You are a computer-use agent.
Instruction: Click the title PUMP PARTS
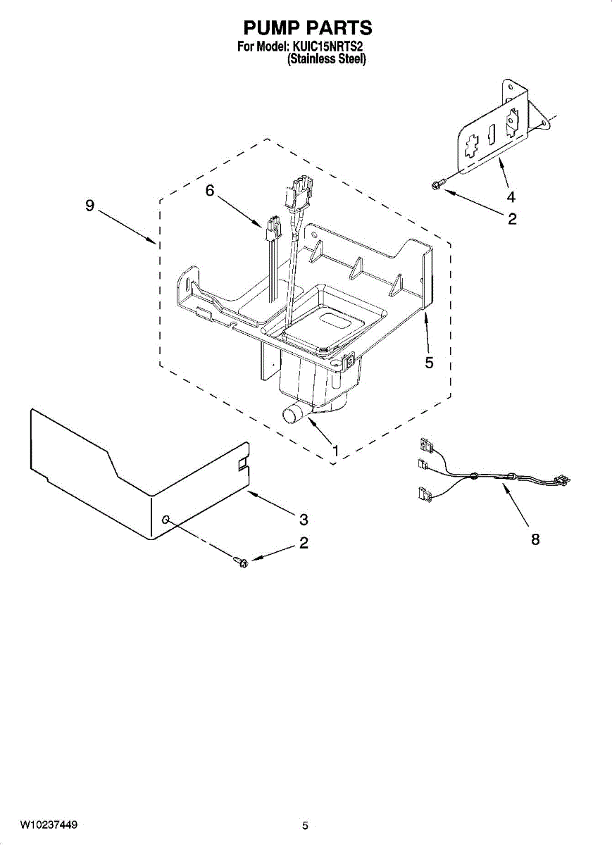click(x=308, y=27)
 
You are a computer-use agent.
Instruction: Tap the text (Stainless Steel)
click(x=327, y=60)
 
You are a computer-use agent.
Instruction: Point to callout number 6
click(x=210, y=191)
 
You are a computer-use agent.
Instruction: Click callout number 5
click(x=429, y=363)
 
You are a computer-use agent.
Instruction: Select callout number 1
click(x=335, y=449)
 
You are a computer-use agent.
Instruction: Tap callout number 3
click(x=304, y=520)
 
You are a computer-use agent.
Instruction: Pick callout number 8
click(x=535, y=540)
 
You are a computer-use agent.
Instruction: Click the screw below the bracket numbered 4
click(x=436, y=184)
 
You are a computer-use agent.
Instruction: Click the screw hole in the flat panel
click(x=166, y=520)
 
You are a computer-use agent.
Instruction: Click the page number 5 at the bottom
click(x=305, y=825)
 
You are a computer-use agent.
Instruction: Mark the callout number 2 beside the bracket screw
click(x=512, y=219)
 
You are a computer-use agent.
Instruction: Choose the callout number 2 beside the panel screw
click(x=304, y=543)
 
